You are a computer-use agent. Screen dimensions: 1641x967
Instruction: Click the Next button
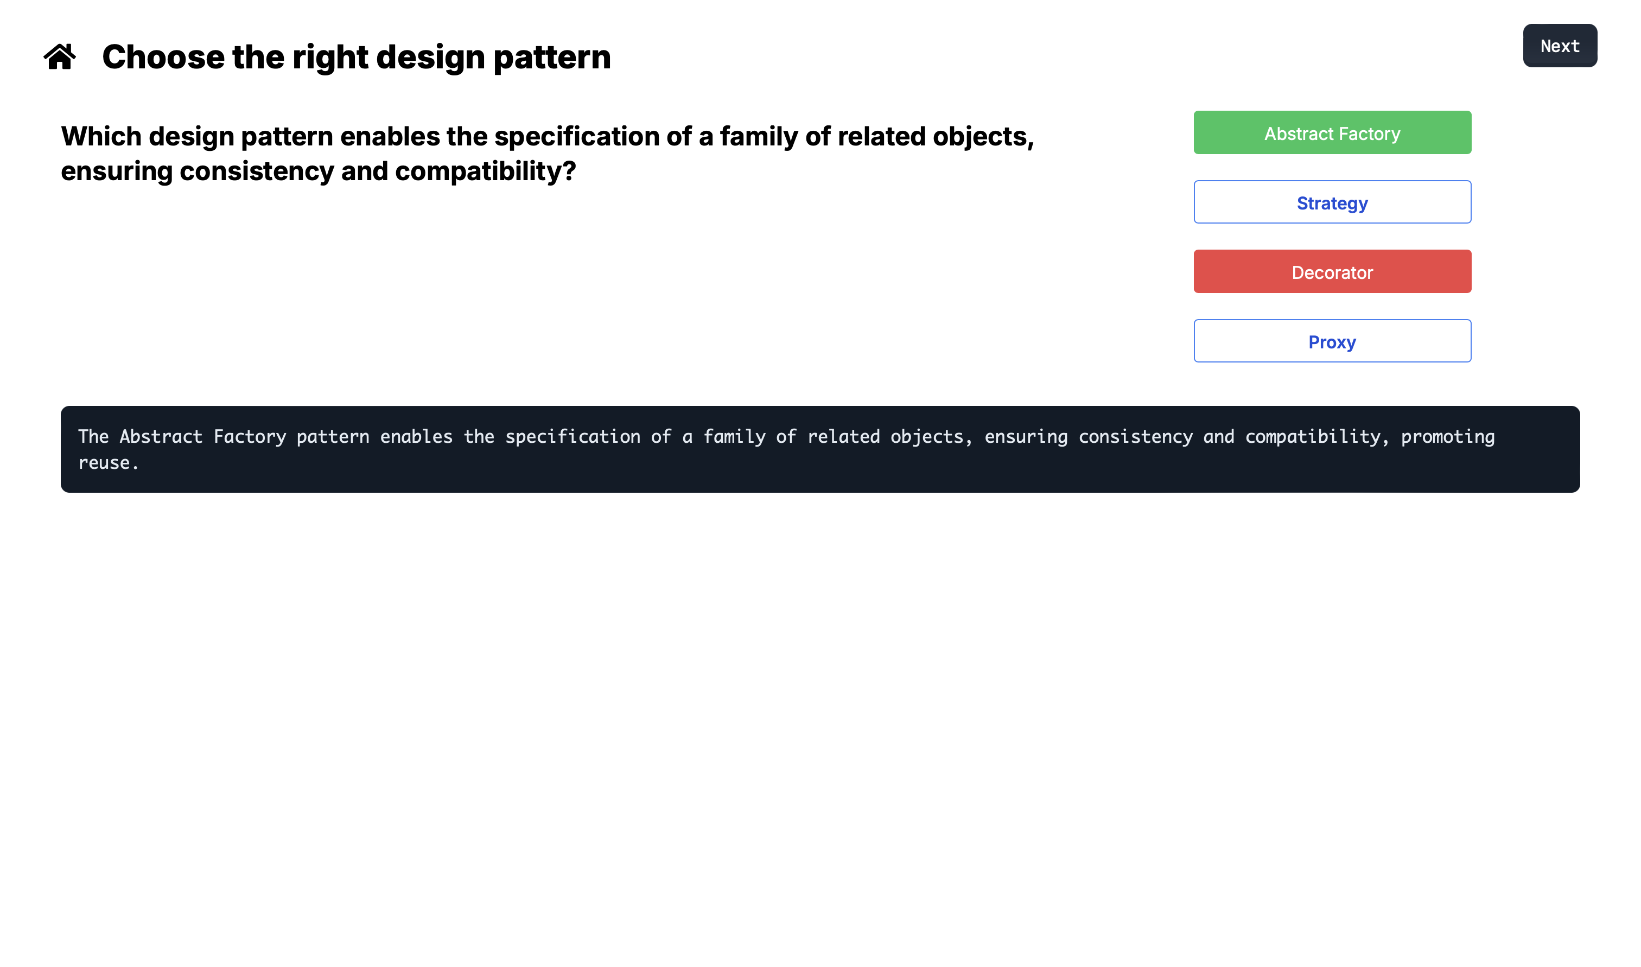pos(1560,46)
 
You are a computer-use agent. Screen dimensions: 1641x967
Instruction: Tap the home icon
pos(60,56)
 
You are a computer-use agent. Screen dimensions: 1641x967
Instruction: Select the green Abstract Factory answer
pos(1332,133)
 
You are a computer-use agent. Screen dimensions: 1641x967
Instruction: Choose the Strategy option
pos(1332,202)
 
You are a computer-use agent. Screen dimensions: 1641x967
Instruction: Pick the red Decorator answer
pos(1332,272)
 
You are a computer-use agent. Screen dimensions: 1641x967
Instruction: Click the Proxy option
pos(1332,341)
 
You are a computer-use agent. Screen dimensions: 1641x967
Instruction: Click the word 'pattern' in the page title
pos(552,58)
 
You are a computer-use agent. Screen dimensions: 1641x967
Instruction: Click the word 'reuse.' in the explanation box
pos(108,463)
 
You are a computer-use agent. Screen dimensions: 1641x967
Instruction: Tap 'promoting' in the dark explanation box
pos(1447,437)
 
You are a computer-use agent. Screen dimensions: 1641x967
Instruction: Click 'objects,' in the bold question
pos(983,137)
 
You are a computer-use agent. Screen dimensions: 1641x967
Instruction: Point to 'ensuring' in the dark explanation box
pos(1026,437)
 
